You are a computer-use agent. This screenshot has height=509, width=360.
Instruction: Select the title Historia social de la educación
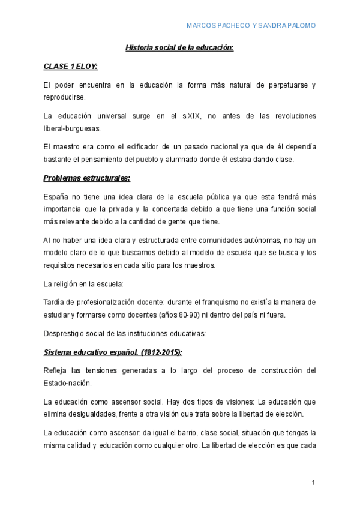[178, 47]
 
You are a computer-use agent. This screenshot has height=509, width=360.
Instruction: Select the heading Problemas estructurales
[86, 178]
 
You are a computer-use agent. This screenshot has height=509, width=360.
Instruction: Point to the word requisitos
[61, 265]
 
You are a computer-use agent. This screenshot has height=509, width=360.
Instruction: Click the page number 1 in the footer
[313, 483]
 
